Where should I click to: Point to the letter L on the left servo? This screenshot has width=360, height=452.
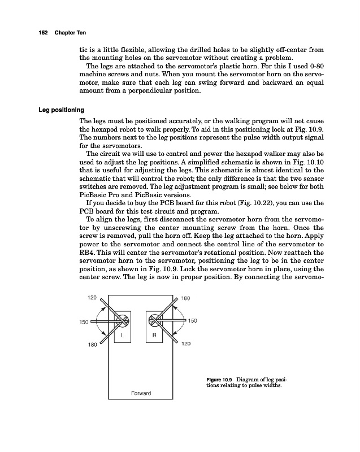(122, 334)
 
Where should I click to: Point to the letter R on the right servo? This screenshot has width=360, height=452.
(155, 334)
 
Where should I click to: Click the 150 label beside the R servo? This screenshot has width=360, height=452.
(192, 320)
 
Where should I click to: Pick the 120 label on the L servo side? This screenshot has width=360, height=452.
(93, 295)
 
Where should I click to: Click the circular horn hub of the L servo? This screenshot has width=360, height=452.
(123, 321)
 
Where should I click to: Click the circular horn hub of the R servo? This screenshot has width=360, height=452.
(155, 321)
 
